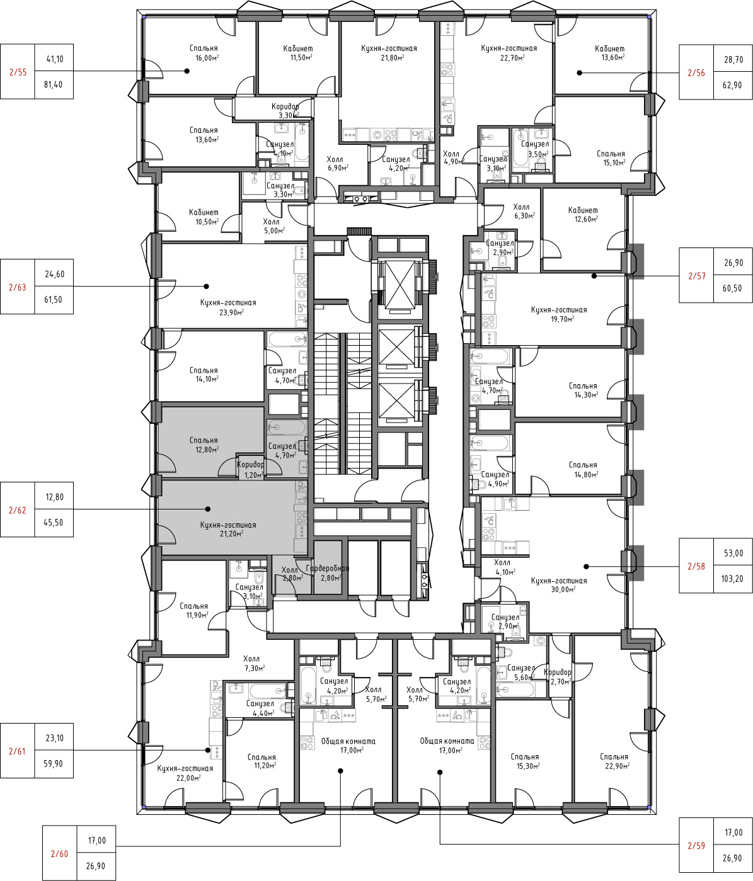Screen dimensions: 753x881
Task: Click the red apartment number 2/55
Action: (18, 72)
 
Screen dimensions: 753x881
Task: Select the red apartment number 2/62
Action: (18, 510)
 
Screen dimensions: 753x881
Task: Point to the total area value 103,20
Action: (733, 579)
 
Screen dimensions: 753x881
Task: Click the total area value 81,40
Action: (54, 85)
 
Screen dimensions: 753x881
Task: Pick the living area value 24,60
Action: (55, 274)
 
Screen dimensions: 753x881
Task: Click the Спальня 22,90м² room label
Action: (614, 761)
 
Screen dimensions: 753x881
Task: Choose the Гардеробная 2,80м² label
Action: (328, 573)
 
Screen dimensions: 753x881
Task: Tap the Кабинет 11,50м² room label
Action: (297, 53)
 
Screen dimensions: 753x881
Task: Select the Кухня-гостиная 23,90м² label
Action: (228, 307)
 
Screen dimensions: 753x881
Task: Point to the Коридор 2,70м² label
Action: (557, 677)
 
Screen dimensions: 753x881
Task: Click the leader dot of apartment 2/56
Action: (579, 73)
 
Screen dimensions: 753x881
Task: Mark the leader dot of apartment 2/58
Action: (586, 567)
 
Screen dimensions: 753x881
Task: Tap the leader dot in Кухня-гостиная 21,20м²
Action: (208, 509)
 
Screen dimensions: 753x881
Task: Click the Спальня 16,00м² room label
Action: (204, 53)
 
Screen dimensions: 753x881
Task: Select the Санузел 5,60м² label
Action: (520, 673)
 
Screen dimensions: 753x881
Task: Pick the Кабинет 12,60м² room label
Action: (583, 214)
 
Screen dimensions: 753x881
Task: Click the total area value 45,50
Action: (54, 523)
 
